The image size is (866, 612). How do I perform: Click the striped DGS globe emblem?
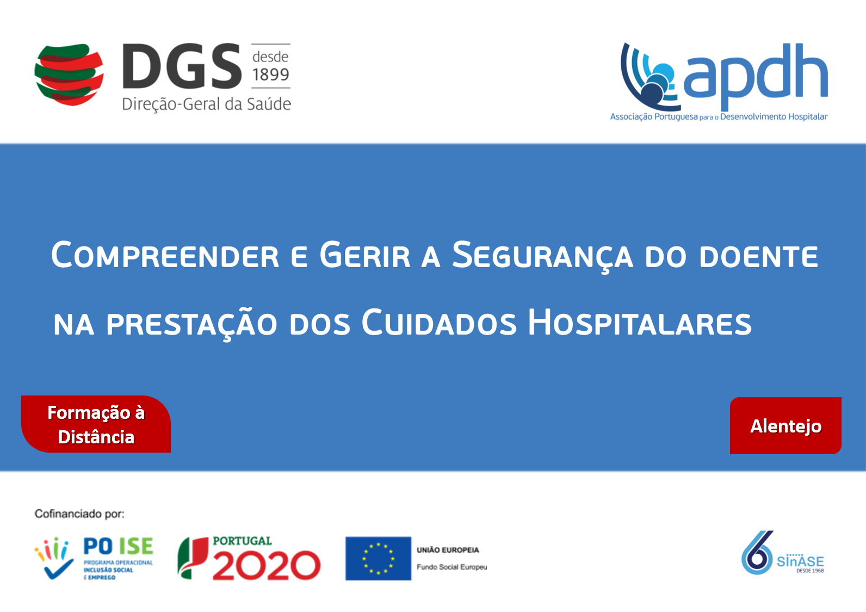click(x=69, y=75)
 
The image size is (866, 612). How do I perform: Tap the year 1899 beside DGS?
click(x=271, y=74)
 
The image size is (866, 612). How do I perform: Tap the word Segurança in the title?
click(x=542, y=256)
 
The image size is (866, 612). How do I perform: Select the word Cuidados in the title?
click(x=439, y=322)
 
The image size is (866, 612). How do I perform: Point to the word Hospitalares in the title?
click(x=640, y=322)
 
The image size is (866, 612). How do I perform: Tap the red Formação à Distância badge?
click(x=96, y=424)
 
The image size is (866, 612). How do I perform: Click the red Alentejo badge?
click(x=785, y=425)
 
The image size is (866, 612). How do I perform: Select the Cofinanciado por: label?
click(x=79, y=514)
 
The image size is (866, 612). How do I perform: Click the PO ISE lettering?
click(x=118, y=546)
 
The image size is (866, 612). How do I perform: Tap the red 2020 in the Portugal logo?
click(x=267, y=566)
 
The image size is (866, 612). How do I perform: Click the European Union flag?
click(x=378, y=558)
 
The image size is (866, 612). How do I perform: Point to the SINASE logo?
click(x=782, y=553)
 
